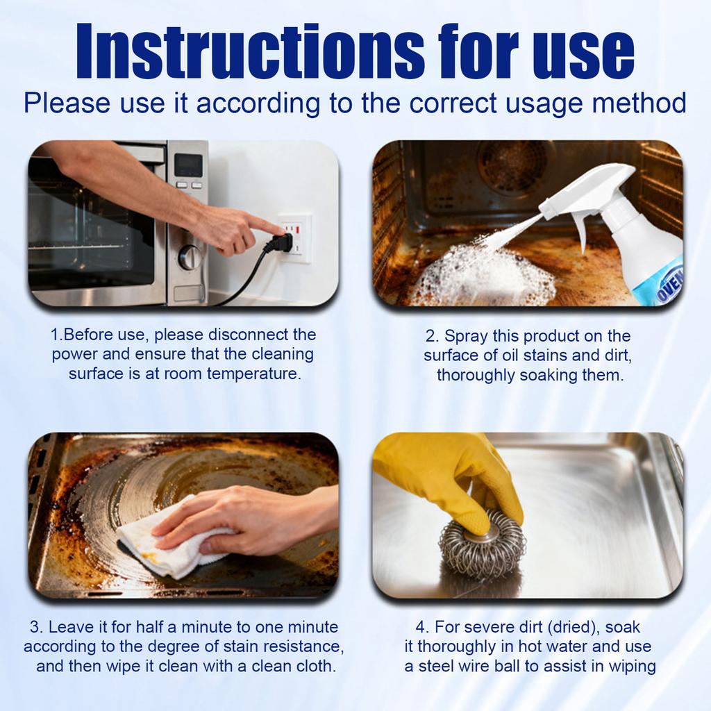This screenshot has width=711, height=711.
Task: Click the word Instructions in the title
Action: click(x=249, y=51)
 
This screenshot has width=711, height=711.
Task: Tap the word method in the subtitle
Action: click(x=639, y=103)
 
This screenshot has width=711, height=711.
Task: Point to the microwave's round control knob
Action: click(x=190, y=257)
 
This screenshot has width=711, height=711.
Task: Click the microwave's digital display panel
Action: click(x=189, y=165)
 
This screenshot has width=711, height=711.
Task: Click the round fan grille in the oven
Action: click(x=513, y=161)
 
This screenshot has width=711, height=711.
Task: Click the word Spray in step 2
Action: click(x=465, y=337)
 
